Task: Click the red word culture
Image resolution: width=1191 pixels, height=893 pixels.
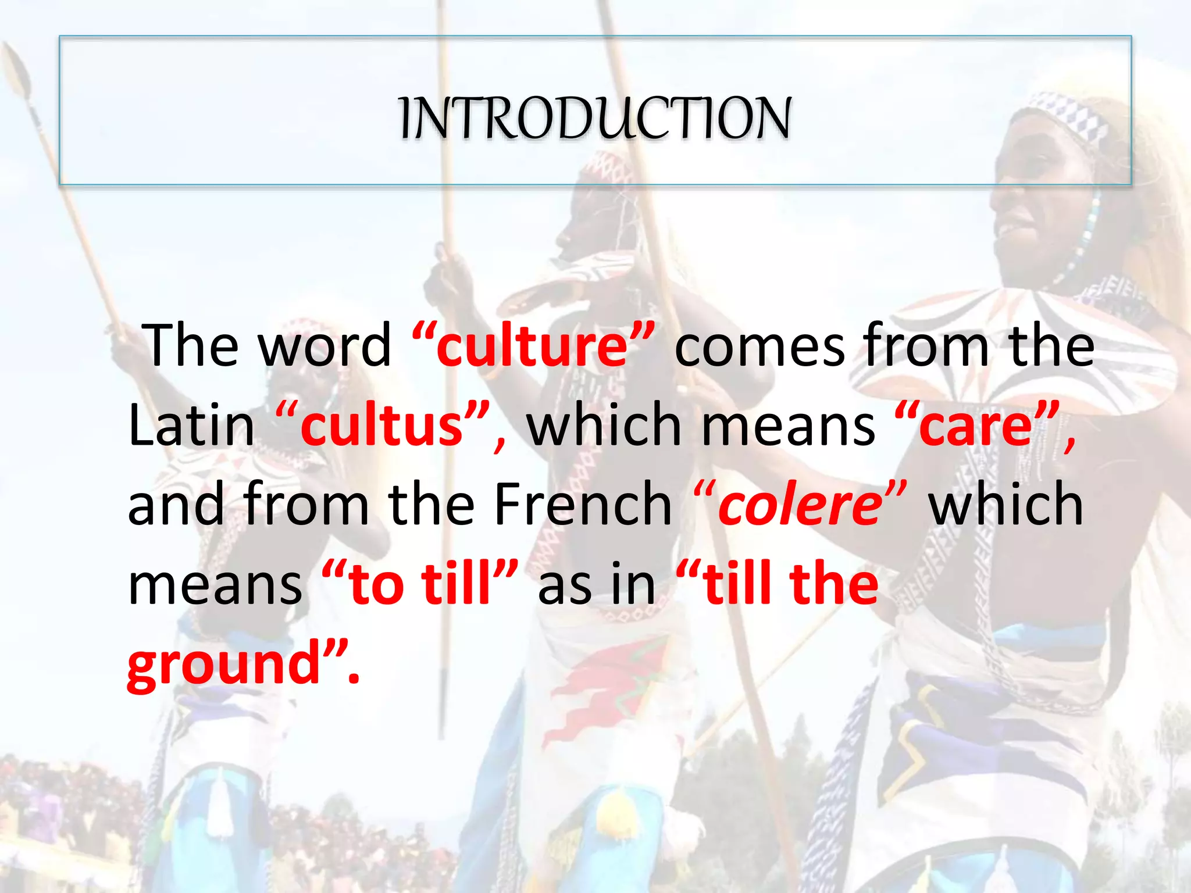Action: point(532,347)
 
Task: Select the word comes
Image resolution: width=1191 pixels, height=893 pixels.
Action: point(759,347)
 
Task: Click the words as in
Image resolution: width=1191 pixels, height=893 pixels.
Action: point(596,584)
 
